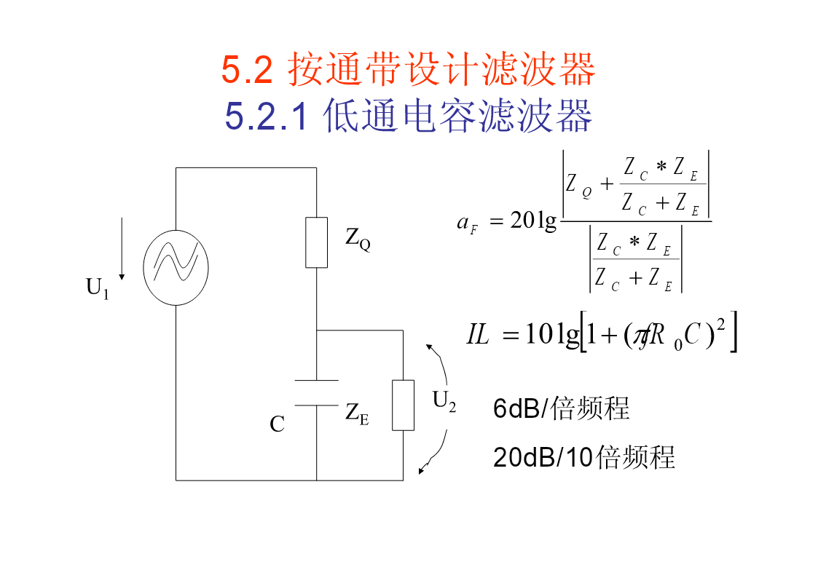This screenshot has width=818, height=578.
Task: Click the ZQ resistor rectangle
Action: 316,242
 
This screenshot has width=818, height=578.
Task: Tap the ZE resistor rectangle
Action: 403,405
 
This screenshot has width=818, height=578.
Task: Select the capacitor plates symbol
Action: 316,392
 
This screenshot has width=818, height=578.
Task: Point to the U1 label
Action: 97,288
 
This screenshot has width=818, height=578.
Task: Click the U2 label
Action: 444,401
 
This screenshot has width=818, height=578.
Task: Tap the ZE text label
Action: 357,413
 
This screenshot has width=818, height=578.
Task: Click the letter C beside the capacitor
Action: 277,424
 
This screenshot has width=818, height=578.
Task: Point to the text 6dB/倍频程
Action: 561,409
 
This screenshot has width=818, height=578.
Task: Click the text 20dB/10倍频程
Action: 583,457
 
